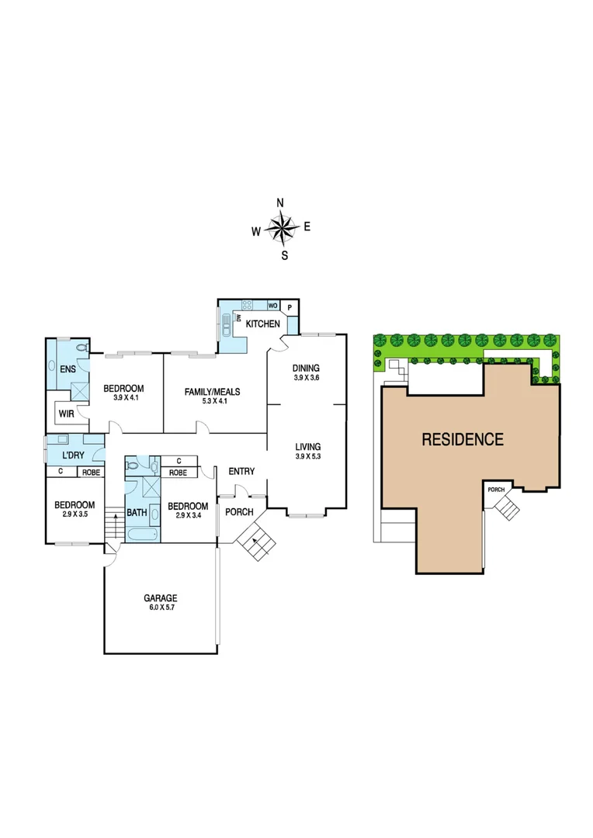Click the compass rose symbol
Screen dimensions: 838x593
click(x=281, y=228)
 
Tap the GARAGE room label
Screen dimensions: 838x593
click(x=160, y=598)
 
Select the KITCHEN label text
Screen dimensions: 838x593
click(x=262, y=323)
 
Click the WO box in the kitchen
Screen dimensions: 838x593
click(x=272, y=306)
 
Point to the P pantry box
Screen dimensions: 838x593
click(x=290, y=307)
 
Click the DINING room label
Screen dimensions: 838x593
click(x=306, y=368)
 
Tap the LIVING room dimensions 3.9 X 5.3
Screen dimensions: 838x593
click(x=307, y=456)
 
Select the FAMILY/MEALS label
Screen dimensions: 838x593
click(x=212, y=392)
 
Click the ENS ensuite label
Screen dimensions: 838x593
click(x=68, y=369)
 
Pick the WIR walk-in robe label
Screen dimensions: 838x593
click(x=67, y=414)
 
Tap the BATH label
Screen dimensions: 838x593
click(x=137, y=512)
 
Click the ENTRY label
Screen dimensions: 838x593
click(x=241, y=471)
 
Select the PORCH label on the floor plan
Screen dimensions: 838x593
click(x=238, y=511)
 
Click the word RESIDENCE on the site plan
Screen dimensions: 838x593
click(x=462, y=439)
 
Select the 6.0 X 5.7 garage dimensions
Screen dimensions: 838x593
click(x=160, y=608)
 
